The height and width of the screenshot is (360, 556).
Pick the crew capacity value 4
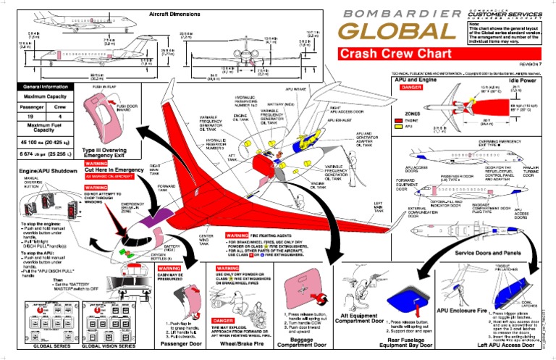click(x=61, y=117)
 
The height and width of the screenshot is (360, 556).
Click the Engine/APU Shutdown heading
click(x=38, y=171)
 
